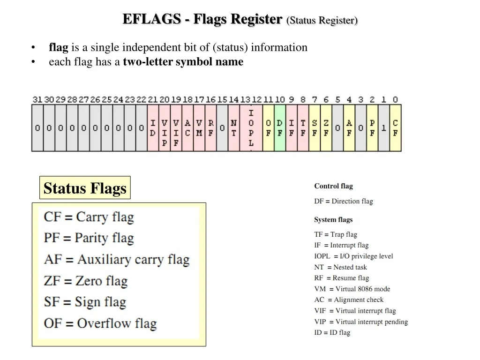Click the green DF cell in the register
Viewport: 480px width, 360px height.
tap(280, 128)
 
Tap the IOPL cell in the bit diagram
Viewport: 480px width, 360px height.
tap(251, 128)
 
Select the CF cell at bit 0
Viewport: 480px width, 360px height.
tap(395, 128)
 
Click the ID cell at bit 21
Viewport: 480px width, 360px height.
tap(153, 128)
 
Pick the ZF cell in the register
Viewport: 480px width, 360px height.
tap(326, 128)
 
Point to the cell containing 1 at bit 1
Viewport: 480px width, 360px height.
tap(383, 128)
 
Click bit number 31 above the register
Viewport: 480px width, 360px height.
tap(37, 99)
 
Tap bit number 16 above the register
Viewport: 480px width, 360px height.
tap(210, 99)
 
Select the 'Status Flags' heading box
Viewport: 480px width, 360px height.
tap(85, 187)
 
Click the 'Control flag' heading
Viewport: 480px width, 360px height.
tap(333, 186)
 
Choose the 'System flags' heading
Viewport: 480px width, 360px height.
tap(333, 219)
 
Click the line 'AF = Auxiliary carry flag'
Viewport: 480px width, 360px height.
tap(117, 259)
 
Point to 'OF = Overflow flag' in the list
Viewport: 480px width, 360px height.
tap(100, 323)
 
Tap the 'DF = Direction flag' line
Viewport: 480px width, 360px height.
tap(344, 201)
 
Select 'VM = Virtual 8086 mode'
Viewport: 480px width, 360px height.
tap(352, 289)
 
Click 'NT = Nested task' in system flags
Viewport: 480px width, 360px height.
tap(340, 267)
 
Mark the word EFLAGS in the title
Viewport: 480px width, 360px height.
tap(152, 19)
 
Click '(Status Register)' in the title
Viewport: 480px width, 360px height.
tap(322, 20)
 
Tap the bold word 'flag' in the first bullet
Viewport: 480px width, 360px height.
tap(59, 47)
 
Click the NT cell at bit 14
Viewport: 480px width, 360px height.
tap(233, 128)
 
